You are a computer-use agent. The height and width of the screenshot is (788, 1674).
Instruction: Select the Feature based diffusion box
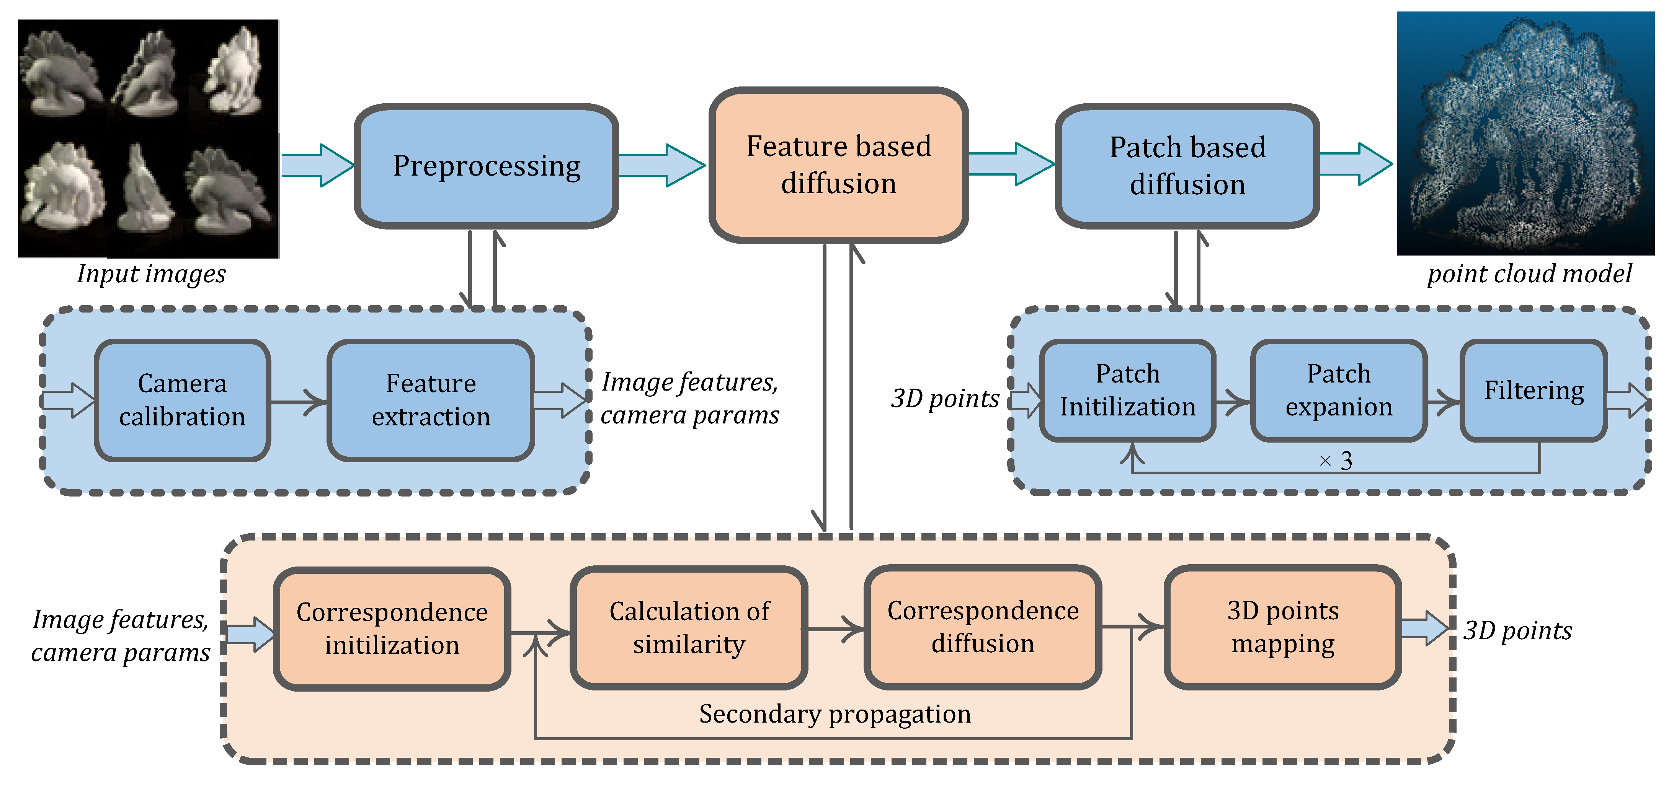coord(838,165)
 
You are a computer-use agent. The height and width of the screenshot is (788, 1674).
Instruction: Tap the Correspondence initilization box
coord(392,628)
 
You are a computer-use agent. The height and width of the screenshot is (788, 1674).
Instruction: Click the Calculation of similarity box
coord(689,628)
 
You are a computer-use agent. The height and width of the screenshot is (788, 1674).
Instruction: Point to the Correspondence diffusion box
coord(983,627)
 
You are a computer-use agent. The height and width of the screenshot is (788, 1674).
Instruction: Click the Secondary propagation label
coord(835,714)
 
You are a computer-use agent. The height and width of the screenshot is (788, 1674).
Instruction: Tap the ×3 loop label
coord(1336,461)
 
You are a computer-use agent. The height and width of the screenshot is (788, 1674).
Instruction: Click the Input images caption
coord(152,274)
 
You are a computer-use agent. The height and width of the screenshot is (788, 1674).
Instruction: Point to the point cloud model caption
coord(1529,274)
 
